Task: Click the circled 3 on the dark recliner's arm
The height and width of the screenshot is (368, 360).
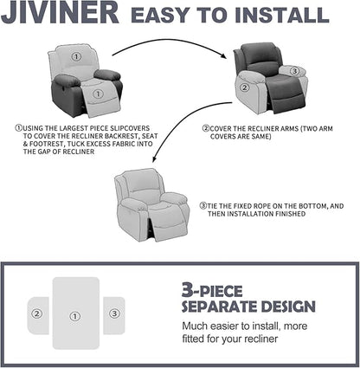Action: tap(294, 70)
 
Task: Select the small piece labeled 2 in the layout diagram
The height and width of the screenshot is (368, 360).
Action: tap(37, 314)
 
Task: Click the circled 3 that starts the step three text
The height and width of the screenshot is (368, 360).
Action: tap(202, 205)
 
